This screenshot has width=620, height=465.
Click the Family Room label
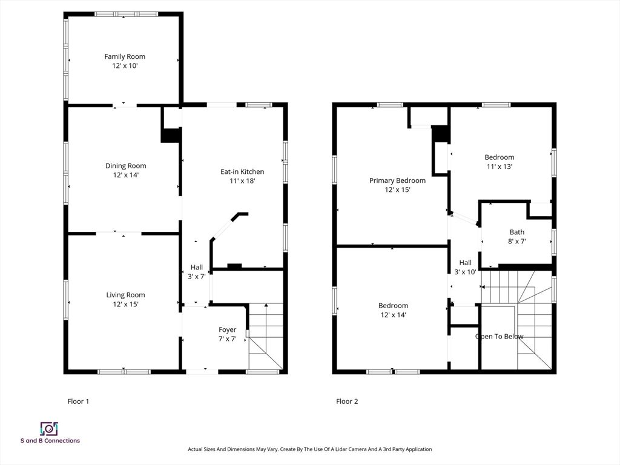125,56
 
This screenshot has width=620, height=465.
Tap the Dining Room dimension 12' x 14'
125,175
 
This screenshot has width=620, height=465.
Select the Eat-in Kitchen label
242,171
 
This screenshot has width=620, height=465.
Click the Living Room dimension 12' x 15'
125,304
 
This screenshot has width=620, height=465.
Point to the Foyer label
227,329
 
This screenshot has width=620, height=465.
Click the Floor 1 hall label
197,267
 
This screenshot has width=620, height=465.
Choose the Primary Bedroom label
397,180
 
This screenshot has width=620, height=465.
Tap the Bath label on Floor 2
517,232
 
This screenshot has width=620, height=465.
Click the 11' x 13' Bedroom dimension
500,167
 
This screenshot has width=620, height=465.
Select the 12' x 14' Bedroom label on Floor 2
393,306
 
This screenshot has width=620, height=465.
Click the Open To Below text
500,337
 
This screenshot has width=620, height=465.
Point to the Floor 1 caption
78,401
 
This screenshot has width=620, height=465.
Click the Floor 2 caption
347,401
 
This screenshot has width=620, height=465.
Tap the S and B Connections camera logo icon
48,429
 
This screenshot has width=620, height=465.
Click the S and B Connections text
50,441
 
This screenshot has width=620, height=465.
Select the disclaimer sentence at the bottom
309,449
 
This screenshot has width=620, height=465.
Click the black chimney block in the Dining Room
171,135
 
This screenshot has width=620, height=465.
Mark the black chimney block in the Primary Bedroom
440,134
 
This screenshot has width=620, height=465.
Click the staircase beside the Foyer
266,336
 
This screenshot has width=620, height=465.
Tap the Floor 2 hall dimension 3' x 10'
465,272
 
